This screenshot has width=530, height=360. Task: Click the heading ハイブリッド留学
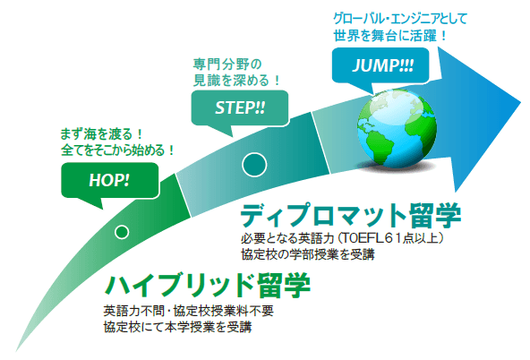coord(208,286)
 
